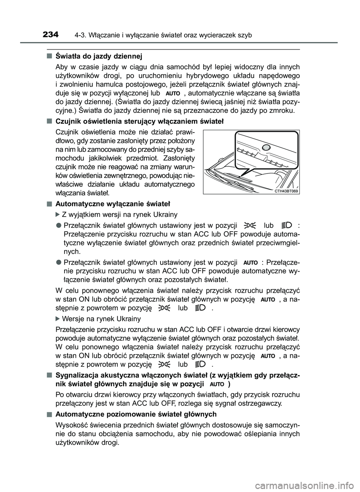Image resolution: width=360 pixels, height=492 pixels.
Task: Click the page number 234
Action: point(51,35)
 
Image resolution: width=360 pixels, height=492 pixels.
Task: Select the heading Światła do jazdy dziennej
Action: point(99,57)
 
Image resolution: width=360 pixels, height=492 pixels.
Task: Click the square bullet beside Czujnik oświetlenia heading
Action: point(49,121)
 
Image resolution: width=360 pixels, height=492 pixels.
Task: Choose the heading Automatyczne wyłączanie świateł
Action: point(112,204)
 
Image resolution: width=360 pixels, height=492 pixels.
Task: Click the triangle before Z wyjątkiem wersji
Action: point(57,215)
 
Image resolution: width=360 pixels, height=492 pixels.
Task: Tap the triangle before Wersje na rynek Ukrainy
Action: point(57,319)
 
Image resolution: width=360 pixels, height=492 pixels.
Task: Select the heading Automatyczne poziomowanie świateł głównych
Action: point(136,414)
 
